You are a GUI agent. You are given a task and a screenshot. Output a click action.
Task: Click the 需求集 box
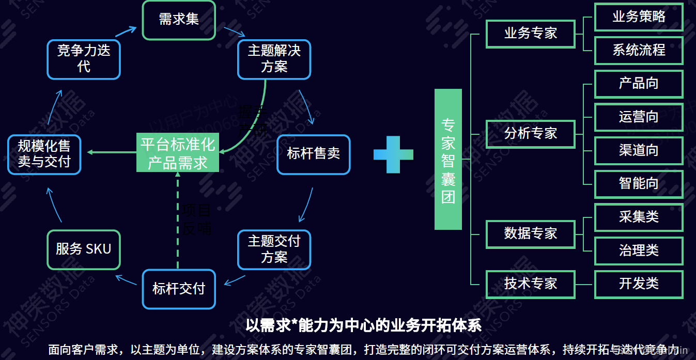pyautogui.click(x=179, y=20)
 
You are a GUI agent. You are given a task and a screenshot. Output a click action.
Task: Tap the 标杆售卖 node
pyautogui.click(x=313, y=154)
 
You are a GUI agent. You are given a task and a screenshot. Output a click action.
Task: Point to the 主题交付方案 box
pyautogui.click(x=274, y=249)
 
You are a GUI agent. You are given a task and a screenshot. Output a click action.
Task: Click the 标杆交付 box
pyautogui.click(x=179, y=289)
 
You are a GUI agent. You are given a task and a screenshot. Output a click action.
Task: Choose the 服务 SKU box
pyautogui.click(x=84, y=249)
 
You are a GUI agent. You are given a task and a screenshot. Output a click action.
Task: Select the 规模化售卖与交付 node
pyautogui.click(x=44, y=154)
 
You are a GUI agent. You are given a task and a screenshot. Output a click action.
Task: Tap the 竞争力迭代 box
pyautogui.click(x=84, y=58)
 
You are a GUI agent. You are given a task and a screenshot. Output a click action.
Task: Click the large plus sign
pyautogui.click(x=393, y=154)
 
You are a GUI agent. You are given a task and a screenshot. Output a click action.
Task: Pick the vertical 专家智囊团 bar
pyautogui.click(x=447, y=159)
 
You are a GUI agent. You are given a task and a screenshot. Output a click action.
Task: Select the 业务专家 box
pyautogui.click(x=530, y=34)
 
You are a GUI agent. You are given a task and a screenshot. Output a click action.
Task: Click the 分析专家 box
pyautogui.click(x=530, y=134)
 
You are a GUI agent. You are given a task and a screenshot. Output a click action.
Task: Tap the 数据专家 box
pyautogui.click(x=530, y=233)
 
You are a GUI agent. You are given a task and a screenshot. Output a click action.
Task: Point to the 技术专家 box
pyautogui.click(x=530, y=284)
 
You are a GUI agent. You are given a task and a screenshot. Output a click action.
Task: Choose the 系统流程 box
pyautogui.click(x=639, y=50)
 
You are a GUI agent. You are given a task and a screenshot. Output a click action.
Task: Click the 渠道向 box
pyautogui.click(x=639, y=150)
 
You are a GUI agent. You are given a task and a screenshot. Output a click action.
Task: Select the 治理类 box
pyautogui.click(x=639, y=251)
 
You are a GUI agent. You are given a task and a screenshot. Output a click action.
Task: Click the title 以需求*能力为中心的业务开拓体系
pyautogui.click(x=363, y=325)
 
